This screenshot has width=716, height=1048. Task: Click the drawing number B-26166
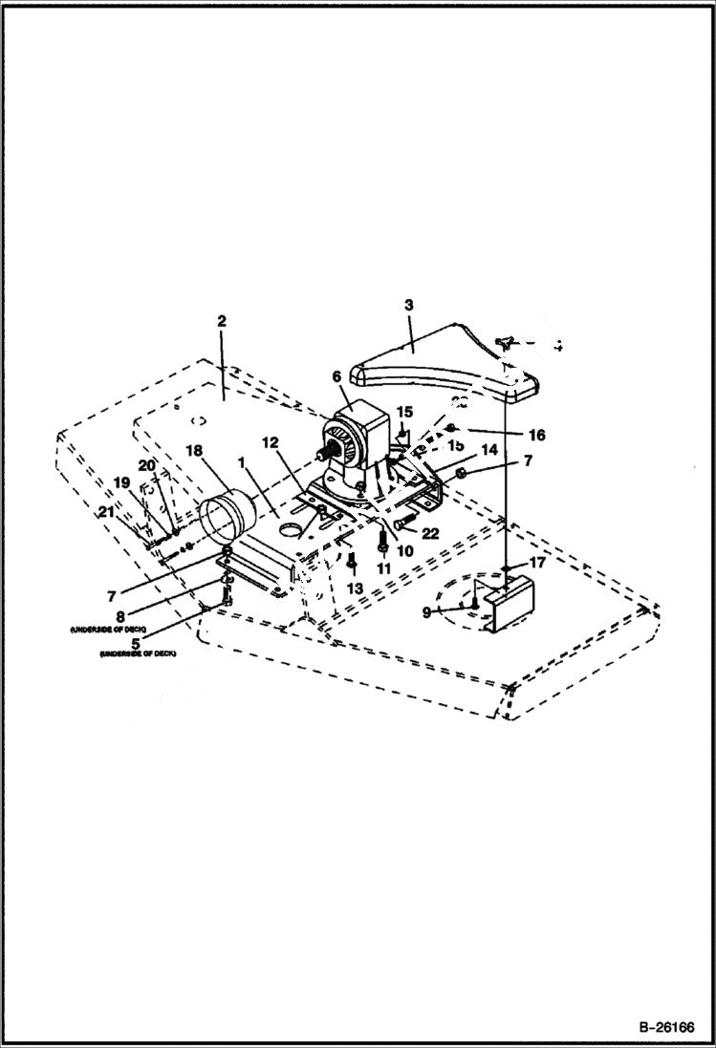pyautogui.click(x=662, y=1029)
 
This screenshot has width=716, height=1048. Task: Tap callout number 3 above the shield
pyautogui.click(x=408, y=306)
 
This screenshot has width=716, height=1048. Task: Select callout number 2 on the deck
pyautogui.click(x=222, y=321)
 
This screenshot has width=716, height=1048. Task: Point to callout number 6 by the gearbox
pyautogui.click(x=336, y=377)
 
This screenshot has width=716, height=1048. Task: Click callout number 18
pyautogui.click(x=194, y=450)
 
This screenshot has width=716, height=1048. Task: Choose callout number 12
pyautogui.click(x=271, y=443)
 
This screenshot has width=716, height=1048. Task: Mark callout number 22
pyautogui.click(x=429, y=533)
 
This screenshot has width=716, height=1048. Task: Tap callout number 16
pyautogui.click(x=535, y=436)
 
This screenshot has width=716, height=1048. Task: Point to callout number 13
pyautogui.click(x=355, y=588)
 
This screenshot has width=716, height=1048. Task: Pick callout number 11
pyautogui.click(x=383, y=567)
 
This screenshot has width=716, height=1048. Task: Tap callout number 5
pyautogui.click(x=137, y=643)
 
